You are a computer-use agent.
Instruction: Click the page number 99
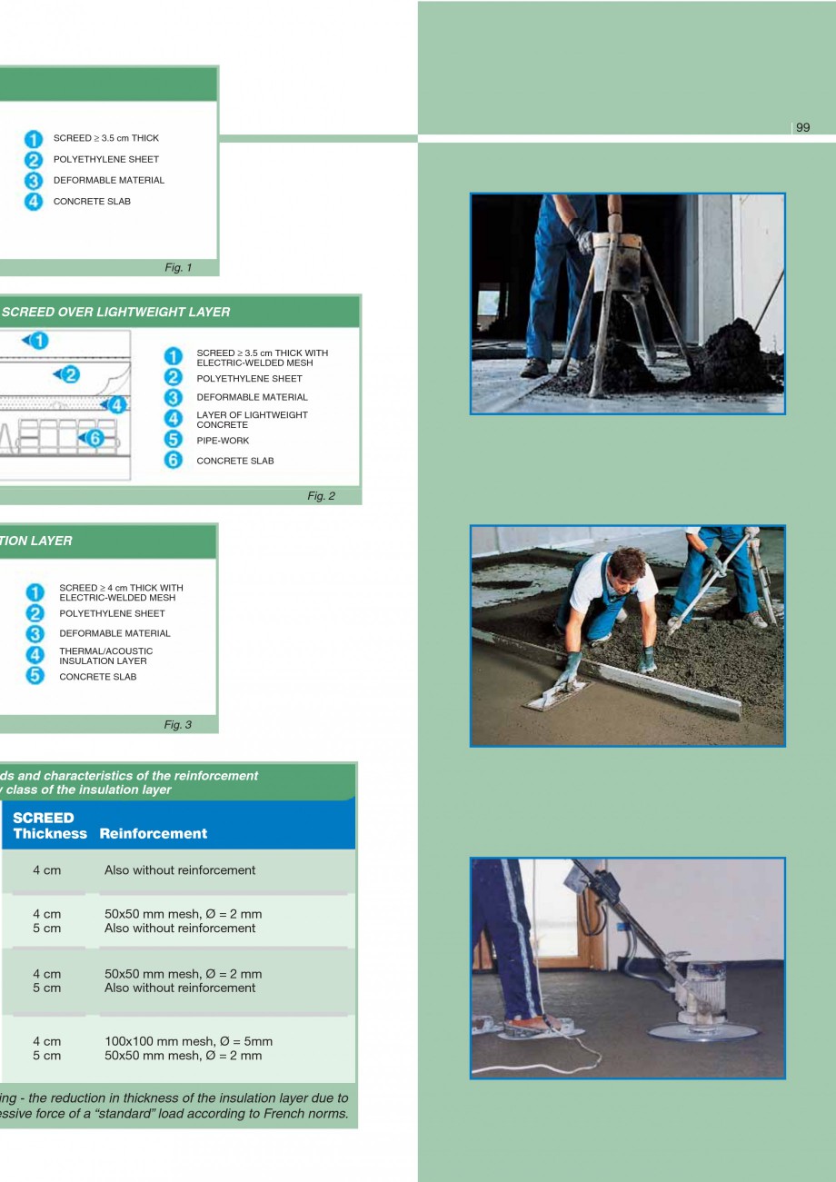(802, 127)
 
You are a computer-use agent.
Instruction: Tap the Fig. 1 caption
(178, 268)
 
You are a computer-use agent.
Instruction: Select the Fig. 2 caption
(321, 496)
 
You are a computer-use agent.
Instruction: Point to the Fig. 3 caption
(177, 725)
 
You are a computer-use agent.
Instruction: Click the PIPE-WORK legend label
(223, 441)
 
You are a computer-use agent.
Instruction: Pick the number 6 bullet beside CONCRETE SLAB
(173, 461)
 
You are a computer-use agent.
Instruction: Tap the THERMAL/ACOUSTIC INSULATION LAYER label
(105, 656)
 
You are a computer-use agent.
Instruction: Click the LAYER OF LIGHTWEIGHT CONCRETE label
(252, 420)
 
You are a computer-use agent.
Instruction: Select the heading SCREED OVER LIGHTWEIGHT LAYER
(116, 312)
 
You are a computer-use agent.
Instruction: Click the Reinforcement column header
(154, 833)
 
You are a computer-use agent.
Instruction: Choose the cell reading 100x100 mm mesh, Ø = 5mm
(188, 1041)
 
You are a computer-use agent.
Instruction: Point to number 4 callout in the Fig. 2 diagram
(114, 405)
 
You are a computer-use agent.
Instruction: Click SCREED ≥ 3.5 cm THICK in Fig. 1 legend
(105, 138)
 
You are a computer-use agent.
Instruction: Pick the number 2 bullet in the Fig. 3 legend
(35, 613)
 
